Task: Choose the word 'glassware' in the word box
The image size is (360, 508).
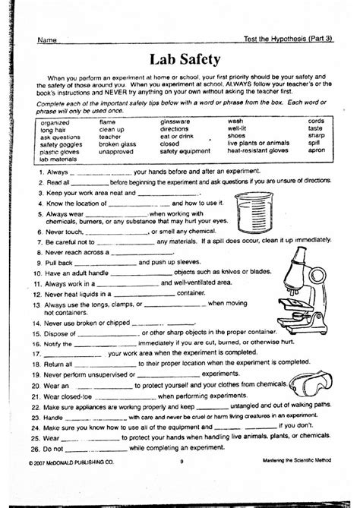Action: (176, 121)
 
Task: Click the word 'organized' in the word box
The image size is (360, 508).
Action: (55, 121)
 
